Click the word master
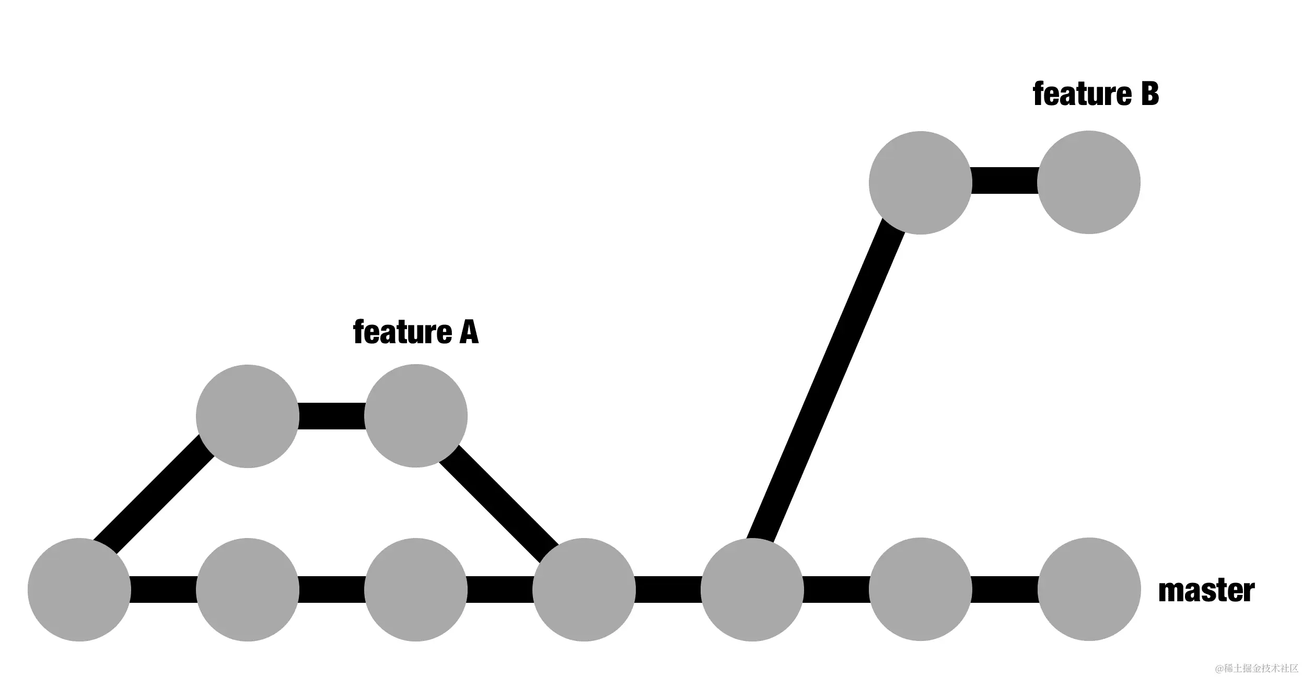point(1206,591)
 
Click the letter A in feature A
point(469,332)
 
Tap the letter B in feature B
point(1149,95)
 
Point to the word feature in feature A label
point(402,332)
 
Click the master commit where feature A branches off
point(79,590)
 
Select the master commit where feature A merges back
point(584,590)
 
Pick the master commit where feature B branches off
point(752,590)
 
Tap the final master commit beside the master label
point(1089,590)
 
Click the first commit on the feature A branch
point(248,416)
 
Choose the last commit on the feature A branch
point(416,416)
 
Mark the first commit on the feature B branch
point(921,183)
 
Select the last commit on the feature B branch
point(1089,182)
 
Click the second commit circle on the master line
point(248,590)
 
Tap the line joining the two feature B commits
point(1005,181)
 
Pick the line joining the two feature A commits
point(332,416)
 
